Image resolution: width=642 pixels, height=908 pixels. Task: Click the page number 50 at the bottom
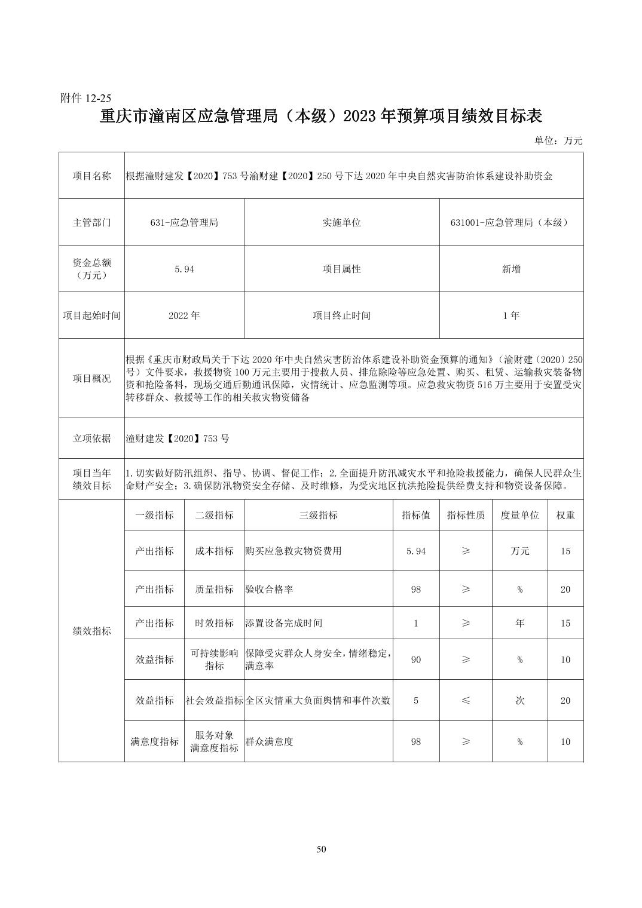click(321, 849)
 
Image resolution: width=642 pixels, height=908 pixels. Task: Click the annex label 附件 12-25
click(86, 98)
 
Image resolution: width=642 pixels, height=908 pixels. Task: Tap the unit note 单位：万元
click(558, 141)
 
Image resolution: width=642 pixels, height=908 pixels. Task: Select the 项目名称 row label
click(91, 176)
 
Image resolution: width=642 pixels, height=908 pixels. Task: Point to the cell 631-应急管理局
click(184, 222)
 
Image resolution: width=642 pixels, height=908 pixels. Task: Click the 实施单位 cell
click(341, 222)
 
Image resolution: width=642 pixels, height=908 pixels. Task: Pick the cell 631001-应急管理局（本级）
click(511, 222)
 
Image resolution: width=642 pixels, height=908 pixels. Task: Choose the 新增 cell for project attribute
click(511, 269)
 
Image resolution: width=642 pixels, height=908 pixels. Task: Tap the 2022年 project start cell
click(184, 315)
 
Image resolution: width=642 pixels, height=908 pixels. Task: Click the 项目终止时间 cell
click(341, 315)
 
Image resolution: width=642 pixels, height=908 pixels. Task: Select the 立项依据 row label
click(91, 438)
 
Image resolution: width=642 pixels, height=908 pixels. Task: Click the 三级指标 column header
click(318, 516)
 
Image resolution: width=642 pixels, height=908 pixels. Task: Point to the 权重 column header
click(565, 516)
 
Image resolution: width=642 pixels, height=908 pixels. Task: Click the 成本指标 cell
click(214, 551)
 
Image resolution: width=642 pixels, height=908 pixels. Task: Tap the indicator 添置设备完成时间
click(283, 623)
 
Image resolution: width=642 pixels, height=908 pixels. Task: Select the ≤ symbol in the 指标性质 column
click(466, 700)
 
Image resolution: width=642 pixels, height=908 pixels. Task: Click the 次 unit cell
click(520, 700)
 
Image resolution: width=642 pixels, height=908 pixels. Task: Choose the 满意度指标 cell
click(154, 742)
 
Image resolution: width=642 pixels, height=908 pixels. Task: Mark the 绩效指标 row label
click(91, 631)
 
